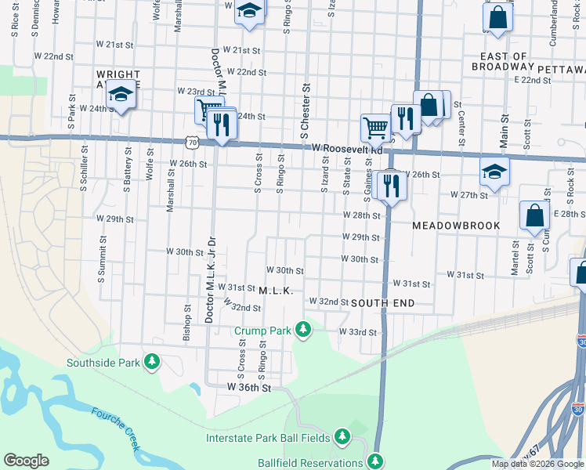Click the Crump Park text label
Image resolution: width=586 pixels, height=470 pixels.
click(262, 331)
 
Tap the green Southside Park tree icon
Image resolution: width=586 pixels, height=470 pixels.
click(152, 362)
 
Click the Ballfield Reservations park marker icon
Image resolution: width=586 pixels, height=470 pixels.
click(376, 461)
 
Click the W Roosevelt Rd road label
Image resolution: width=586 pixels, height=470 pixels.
click(347, 148)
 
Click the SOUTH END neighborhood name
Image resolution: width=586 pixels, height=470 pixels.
click(382, 302)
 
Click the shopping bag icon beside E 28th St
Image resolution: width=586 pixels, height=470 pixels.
click(534, 215)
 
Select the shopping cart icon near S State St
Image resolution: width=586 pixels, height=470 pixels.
click(375, 127)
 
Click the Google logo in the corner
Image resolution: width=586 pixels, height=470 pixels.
click(27, 461)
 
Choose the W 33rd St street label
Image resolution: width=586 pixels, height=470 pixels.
click(357, 332)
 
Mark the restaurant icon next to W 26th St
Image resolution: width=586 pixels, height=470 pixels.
click(390, 186)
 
